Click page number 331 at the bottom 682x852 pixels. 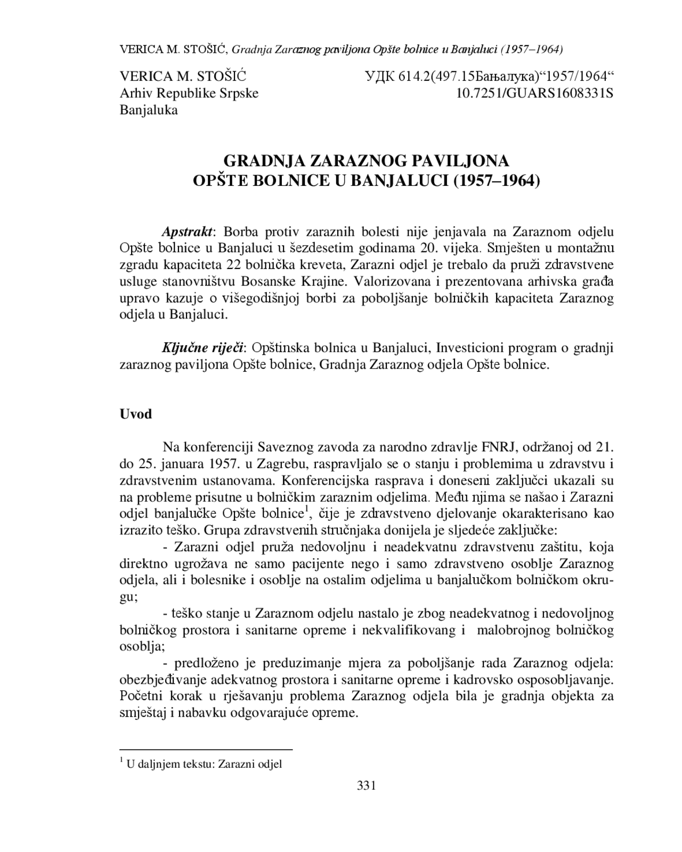[366, 785]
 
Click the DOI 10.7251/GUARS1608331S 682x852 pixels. [535, 93]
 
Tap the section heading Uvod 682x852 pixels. [136, 414]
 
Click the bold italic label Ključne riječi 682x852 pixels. [202, 348]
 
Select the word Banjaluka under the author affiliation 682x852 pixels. [149, 110]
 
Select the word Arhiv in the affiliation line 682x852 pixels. [134, 93]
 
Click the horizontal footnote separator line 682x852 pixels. [206, 750]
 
